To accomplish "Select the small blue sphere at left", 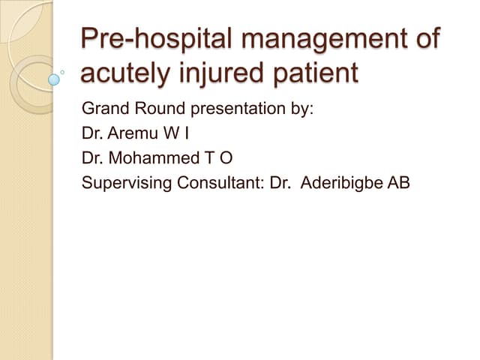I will coord(55,78).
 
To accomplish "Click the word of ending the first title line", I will coord(424,40).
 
